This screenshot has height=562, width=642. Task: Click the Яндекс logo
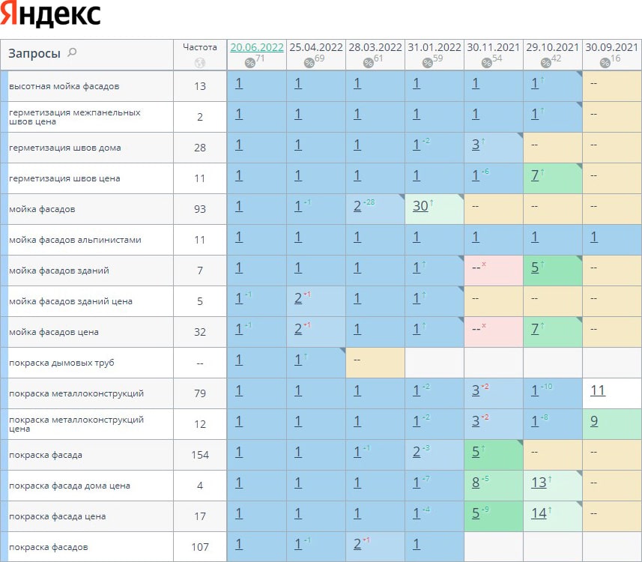point(52,16)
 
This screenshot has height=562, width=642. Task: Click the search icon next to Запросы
point(72,52)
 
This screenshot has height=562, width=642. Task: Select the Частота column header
point(199,46)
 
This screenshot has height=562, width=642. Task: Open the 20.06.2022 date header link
point(257,47)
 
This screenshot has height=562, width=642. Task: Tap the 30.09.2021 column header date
point(611,47)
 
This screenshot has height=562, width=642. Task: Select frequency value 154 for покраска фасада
point(200,455)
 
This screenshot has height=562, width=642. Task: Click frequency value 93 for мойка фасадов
point(200,209)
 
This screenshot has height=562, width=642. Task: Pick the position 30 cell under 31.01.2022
point(420,205)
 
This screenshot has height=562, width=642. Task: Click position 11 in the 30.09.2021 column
point(597,390)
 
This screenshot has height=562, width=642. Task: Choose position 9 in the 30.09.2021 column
point(593,421)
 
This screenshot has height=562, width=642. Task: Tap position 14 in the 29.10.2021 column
point(539,513)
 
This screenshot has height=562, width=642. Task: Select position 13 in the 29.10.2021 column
point(539,483)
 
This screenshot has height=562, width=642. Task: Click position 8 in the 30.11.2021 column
point(476,483)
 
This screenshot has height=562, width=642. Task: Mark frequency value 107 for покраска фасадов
point(200,547)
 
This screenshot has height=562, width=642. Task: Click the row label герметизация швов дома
point(64,148)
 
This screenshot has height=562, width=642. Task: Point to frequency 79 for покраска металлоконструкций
point(200,393)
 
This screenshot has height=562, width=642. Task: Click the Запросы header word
point(34,53)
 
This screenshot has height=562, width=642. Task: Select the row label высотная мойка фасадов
point(64,86)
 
